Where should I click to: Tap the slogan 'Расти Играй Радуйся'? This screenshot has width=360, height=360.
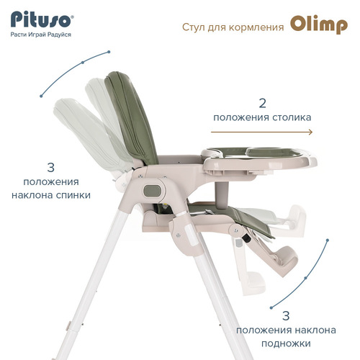pos(41,35)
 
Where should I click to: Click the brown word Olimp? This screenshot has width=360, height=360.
pos(319,24)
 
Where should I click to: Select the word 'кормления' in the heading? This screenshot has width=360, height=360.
pos(256,27)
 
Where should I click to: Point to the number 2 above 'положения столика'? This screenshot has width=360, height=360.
pos(263,103)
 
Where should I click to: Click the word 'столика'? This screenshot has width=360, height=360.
pos(292,117)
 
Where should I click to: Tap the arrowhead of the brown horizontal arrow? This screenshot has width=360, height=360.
pos(311,132)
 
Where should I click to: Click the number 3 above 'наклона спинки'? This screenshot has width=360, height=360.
pos(51,168)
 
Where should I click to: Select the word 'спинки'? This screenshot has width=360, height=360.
pos(73,195)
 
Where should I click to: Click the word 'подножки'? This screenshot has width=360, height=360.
pos(286,343)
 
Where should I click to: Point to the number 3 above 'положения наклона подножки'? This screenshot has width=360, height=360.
pos(286,316)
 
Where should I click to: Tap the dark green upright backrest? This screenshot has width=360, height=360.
pos(131,117)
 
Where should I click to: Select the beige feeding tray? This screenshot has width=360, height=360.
pos(259,161)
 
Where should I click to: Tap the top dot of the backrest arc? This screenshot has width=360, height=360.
pos(109,52)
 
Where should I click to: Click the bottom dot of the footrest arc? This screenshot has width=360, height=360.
pos(271,307)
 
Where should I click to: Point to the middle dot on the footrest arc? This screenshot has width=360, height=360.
pos(305,278)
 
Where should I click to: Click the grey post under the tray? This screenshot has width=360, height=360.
pos(222,195)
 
